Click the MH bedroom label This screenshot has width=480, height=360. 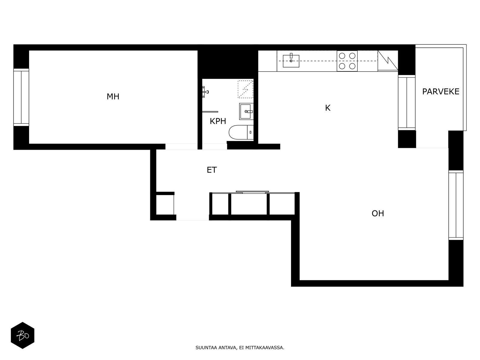click(x=113, y=97)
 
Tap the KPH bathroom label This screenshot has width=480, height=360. click(x=218, y=121)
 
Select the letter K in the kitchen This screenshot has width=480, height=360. click(x=328, y=108)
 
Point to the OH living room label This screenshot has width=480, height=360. click(x=378, y=214)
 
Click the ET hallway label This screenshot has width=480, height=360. click(x=211, y=170)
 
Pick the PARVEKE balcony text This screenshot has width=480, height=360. click(x=440, y=91)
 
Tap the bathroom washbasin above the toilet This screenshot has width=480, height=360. click(x=246, y=111)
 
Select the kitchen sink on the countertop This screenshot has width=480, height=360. click(x=291, y=61)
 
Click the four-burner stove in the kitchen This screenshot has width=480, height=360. click(x=347, y=61)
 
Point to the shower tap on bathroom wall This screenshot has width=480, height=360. click(x=205, y=92)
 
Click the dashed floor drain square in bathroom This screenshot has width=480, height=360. click(x=245, y=89)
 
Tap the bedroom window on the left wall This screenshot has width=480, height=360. click(x=21, y=97)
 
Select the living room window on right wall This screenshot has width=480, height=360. click(x=456, y=205)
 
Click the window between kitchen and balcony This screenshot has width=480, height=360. click(x=406, y=102)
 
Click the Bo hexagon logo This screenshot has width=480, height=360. click(x=22, y=335)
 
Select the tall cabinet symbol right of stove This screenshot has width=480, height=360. click(x=387, y=61)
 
